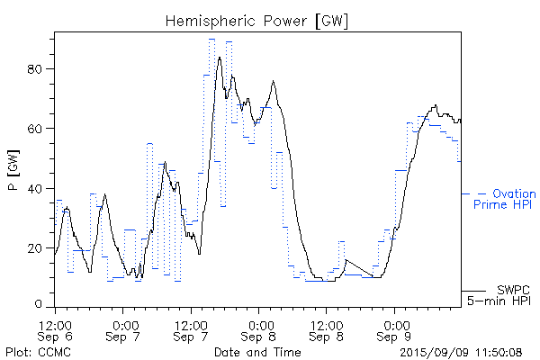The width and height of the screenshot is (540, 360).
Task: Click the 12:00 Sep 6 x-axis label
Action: click(x=57, y=330)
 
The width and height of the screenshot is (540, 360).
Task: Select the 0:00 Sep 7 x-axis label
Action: click(x=124, y=330)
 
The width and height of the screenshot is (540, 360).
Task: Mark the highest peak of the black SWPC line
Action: click(x=219, y=58)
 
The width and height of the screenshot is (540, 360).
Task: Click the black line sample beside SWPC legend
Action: click(x=474, y=291)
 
